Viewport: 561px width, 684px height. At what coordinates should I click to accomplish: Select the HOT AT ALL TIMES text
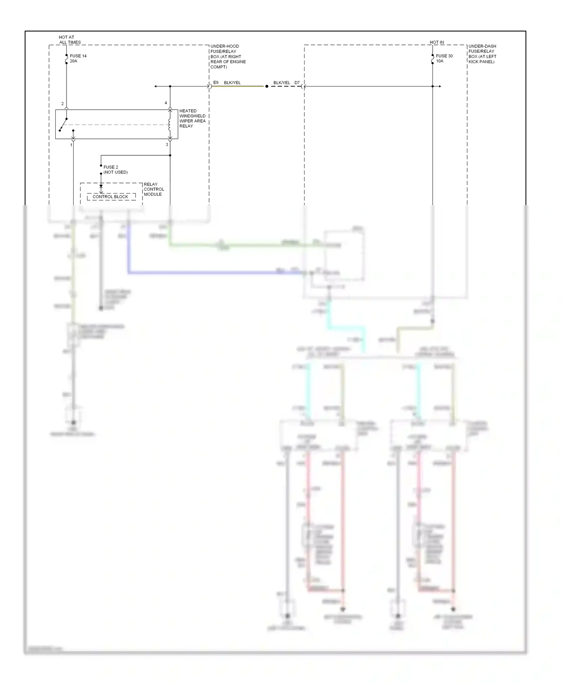pyautogui.click(x=70, y=40)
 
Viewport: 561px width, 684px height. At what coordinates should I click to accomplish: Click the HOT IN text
pyautogui.click(x=436, y=42)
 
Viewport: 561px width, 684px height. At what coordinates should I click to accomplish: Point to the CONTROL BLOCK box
pyautogui.click(x=111, y=196)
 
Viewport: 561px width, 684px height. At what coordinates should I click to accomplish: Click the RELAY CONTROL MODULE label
pyautogui.click(x=154, y=189)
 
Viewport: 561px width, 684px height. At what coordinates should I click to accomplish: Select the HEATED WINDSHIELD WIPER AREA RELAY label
pyautogui.click(x=192, y=118)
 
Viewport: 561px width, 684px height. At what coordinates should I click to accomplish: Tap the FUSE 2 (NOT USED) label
pyautogui.click(x=115, y=170)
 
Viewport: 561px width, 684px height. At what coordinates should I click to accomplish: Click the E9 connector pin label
pyautogui.click(x=216, y=82)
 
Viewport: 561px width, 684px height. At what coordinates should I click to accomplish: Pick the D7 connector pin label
pyautogui.click(x=297, y=83)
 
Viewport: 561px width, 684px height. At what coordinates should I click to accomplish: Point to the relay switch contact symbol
pyautogui.click(x=64, y=125)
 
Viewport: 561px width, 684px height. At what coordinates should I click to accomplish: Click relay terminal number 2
pyautogui.click(x=62, y=104)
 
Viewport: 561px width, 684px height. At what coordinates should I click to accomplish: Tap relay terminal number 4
pyautogui.click(x=166, y=103)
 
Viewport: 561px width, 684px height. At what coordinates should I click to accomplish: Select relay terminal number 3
pyautogui.click(x=167, y=144)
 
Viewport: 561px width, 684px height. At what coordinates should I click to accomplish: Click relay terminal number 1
pyautogui.click(x=71, y=145)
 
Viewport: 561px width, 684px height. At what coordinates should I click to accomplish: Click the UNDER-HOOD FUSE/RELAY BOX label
pyautogui.click(x=228, y=57)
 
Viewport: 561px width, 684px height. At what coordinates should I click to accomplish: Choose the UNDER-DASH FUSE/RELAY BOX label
pyautogui.click(x=482, y=54)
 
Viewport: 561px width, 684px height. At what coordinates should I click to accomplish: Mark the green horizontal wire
pyautogui.click(x=243, y=245)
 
